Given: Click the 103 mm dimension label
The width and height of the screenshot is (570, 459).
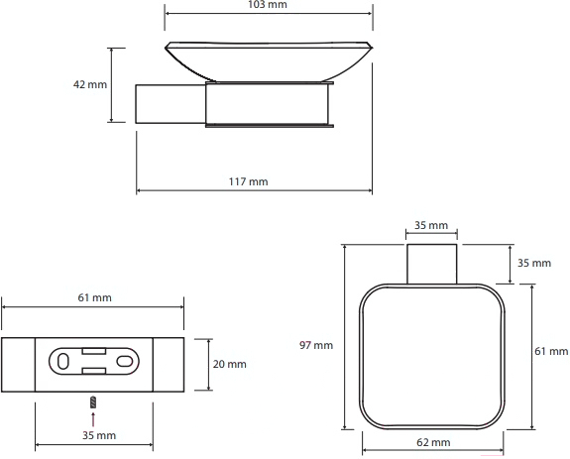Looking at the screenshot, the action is point(268,4).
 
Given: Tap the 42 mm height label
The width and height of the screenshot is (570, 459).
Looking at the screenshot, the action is point(90,84).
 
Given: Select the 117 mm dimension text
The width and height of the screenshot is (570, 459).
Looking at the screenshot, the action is point(248,181).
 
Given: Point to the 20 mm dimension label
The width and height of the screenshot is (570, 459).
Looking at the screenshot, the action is point(229,364).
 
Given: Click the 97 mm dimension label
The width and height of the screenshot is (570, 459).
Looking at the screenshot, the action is point(316,345).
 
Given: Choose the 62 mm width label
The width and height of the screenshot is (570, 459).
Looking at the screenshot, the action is point(433,442).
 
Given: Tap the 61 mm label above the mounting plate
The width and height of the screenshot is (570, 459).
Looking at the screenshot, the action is point(94,297).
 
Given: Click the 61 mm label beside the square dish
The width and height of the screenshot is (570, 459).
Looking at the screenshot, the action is point(551,351).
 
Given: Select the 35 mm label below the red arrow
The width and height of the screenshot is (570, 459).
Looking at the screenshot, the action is point(99,435).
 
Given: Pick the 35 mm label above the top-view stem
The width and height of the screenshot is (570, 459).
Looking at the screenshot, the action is point(431,225).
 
